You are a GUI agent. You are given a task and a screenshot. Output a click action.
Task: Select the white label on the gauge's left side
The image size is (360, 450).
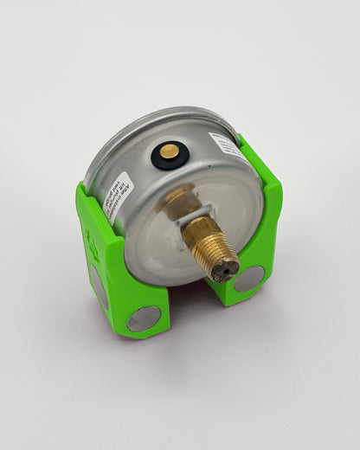117,197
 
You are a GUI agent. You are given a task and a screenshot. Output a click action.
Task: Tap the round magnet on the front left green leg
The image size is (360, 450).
144,318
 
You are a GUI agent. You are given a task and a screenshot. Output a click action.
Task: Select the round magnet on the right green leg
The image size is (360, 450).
249,278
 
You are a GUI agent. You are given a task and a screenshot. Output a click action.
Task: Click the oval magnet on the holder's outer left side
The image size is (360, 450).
99,286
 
